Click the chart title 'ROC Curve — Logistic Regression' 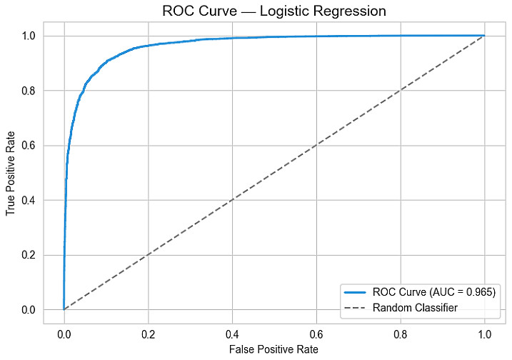pyautogui.click(x=274, y=11)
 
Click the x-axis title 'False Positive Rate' pyautogui.click(x=274, y=350)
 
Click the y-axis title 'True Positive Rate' pyautogui.click(x=11, y=173)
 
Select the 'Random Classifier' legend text pyautogui.click(x=415, y=308)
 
